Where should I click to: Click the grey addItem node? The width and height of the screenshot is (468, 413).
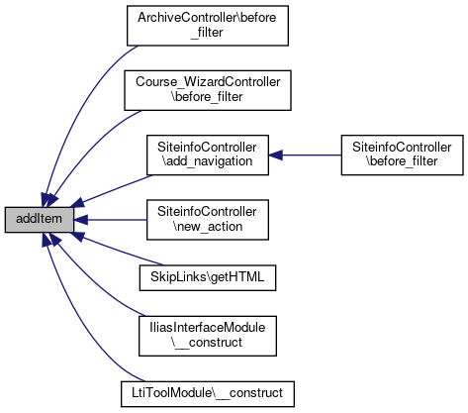39,220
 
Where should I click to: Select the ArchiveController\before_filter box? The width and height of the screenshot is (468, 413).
208,26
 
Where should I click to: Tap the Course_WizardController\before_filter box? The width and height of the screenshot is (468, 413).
208,90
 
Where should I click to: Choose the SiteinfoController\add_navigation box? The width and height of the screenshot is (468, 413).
208,155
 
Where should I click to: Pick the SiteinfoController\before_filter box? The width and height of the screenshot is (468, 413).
402,155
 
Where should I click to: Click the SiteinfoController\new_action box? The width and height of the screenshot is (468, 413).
208,220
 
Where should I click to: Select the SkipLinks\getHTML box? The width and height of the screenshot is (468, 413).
208,277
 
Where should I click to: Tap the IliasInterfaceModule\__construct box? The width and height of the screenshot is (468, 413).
208,336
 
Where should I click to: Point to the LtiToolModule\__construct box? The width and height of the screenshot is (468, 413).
208,394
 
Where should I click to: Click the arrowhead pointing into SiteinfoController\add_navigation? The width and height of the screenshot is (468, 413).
275,155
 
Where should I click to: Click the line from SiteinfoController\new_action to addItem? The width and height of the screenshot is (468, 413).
110,220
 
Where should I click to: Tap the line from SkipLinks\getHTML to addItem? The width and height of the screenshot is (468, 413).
118,250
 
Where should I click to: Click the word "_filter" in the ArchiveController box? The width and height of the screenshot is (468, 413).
207,33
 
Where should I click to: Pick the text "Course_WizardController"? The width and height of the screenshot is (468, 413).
208,82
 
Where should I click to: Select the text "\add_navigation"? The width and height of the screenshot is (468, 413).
208,161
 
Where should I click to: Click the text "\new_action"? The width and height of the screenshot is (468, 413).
208,227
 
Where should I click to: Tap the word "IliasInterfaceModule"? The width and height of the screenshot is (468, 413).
208,328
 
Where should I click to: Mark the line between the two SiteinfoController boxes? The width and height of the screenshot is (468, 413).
305,155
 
